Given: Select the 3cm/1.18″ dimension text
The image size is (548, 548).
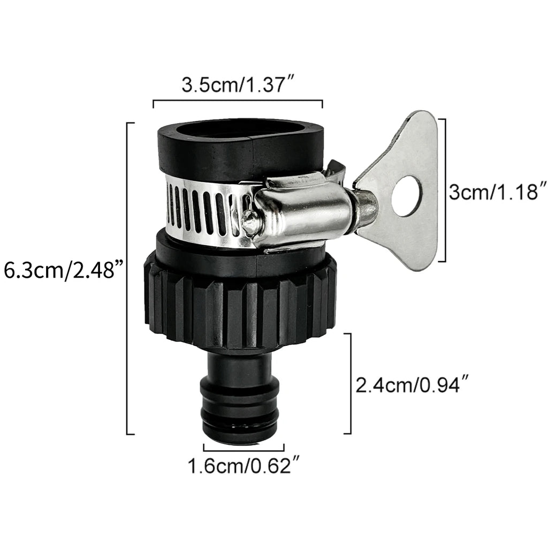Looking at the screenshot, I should [498, 192].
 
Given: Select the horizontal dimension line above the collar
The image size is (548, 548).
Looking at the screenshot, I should [238, 100].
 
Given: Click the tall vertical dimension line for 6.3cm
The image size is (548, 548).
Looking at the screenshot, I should [127, 278].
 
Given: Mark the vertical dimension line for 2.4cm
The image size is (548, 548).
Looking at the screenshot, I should [351, 383].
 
